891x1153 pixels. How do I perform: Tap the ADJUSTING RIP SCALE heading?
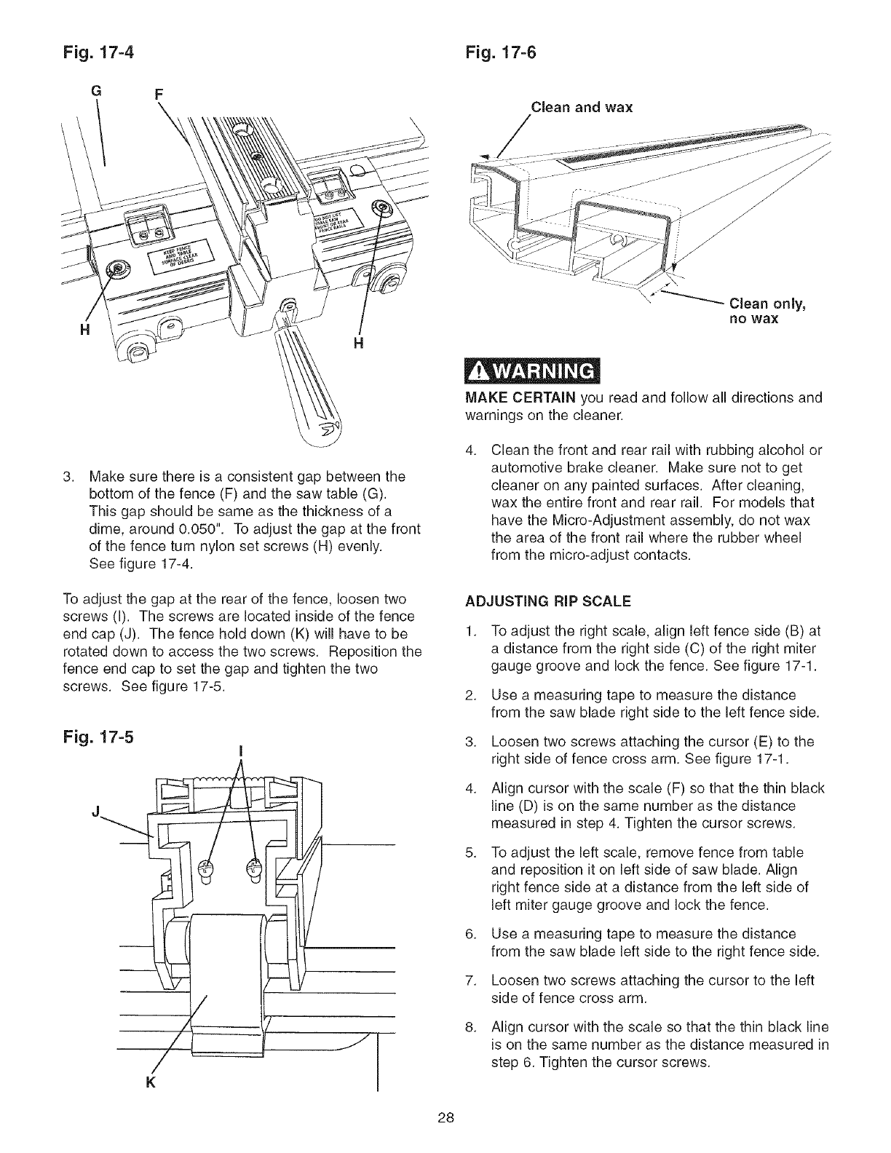tap(547, 602)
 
